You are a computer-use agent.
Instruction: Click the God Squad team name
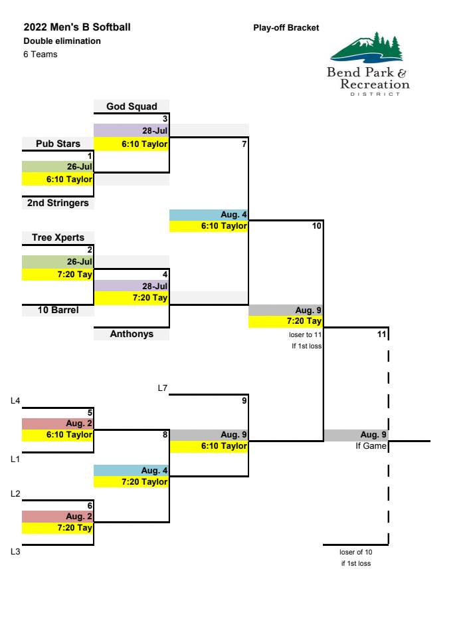132,106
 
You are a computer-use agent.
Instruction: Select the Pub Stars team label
58,144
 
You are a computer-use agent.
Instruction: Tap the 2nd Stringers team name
58,203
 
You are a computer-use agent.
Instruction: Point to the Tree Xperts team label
58,237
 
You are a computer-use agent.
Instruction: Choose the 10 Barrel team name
58,310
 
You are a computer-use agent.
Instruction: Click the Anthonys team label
132,334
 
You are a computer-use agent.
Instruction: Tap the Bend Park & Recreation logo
368,65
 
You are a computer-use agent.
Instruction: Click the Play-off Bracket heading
286,28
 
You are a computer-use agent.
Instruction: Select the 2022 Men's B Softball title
77,27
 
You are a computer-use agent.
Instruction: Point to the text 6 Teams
40,55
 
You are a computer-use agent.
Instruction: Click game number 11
381,334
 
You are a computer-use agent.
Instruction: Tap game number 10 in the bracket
316,226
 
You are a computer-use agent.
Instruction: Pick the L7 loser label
162,388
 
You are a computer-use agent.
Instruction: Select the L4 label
15,400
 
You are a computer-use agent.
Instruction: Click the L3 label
15,551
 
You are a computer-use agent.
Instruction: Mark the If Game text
371,446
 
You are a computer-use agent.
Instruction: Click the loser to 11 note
306,335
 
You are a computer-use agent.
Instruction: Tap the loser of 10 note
355,552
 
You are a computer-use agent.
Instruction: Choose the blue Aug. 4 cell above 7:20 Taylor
131,470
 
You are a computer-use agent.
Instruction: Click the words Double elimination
62,41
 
